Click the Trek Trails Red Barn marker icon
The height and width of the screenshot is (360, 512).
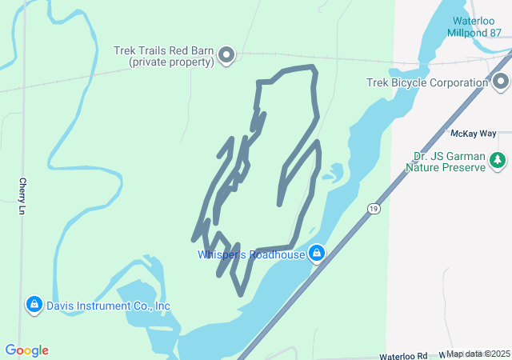click(x=226, y=55)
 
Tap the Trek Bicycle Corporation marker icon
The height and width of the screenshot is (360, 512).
click(x=502, y=82)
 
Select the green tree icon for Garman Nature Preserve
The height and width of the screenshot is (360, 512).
click(x=498, y=161)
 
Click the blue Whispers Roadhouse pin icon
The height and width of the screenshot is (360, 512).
click(x=318, y=254)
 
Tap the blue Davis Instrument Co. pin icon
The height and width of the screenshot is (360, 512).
click(x=34, y=305)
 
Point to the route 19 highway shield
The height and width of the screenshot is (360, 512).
click(x=373, y=209)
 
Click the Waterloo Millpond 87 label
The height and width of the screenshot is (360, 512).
click(x=477, y=26)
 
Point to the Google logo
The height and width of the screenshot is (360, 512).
click(x=26, y=350)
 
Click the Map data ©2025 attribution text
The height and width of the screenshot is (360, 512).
click(x=478, y=354)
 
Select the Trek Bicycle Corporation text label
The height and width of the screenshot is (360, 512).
click(x=427, y=82)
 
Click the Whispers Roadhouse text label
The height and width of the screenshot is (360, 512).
click(x=251, y=254)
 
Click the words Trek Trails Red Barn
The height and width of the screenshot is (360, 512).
click(x=163, y=50)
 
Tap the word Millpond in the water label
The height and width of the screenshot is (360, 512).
click(x=468, y=32)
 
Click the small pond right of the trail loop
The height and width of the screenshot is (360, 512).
click(x=333, y=171)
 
